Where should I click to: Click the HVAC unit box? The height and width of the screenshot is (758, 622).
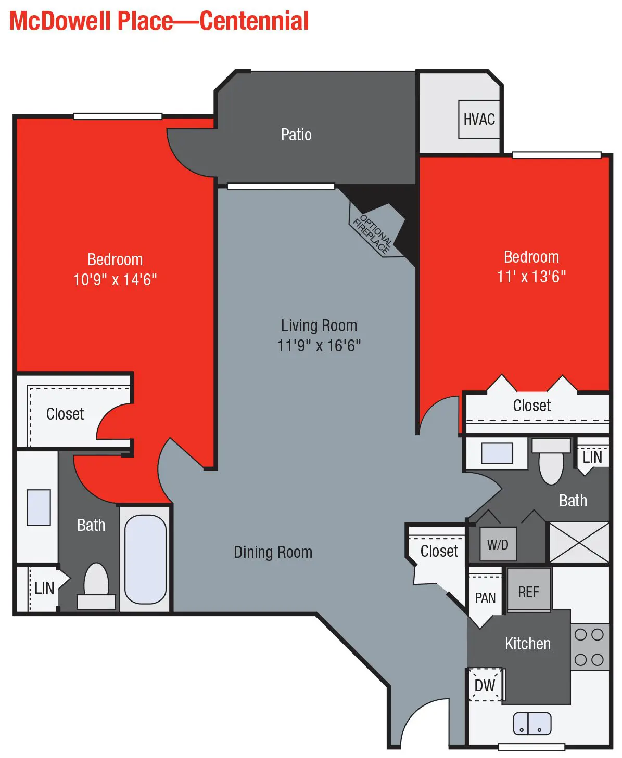coord(479,120)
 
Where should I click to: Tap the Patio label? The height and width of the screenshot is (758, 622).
coord(296,135)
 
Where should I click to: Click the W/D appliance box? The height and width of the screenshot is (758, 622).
coord(498,544)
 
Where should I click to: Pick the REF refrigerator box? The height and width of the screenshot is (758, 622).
coord(528,591)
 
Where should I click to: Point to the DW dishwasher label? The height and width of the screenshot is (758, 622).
coord(485,686)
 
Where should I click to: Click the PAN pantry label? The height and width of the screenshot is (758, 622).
coord(485,598)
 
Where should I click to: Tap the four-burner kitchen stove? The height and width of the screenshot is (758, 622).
coord(589,647)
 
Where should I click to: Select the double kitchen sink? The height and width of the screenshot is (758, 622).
coord(532,723)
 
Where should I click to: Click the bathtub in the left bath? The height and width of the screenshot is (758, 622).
coord(145,559)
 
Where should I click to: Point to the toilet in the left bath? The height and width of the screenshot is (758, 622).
coord(96,585)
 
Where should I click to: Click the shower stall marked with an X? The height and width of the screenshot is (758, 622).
coord(579,542)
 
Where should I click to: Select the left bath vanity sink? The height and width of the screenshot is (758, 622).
coord(39,507)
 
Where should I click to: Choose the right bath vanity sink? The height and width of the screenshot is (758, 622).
coord(497,453)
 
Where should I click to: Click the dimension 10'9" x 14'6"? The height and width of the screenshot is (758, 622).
coord(115,280)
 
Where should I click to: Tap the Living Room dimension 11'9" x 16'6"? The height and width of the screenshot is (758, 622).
coord(319,346)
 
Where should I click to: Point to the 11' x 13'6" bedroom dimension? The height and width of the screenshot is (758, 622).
coord(531,277)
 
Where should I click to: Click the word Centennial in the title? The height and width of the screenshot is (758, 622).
coord(255,21)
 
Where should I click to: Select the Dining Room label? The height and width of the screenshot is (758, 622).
coord(273,552)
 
